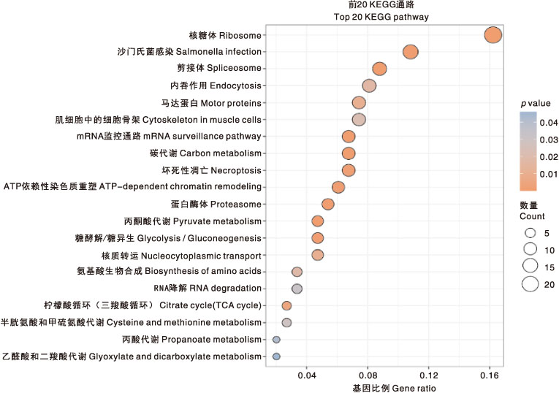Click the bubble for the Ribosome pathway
click(x=493, y=35)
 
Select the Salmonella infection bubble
click(x=411, y=52)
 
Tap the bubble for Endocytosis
click(x=369, y=85)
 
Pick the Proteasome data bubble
click(x=327, y=204)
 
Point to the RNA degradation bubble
click(x=297, y=289)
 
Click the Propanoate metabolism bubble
click(x=276, y=340)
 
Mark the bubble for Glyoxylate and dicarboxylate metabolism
click(x=276, y=356)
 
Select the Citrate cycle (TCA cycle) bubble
click(x=286, y=305)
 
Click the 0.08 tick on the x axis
click(x=368, y=375)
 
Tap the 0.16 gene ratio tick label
click(x=490, y=375)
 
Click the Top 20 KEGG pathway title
click(x=381, y=17)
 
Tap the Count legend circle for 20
click(x=530, y=284)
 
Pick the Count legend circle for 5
click(x=530, y=233)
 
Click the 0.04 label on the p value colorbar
click(x=549, y=123)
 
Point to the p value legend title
click(x=536, y=103)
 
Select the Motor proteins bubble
click(x=359, y=102)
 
